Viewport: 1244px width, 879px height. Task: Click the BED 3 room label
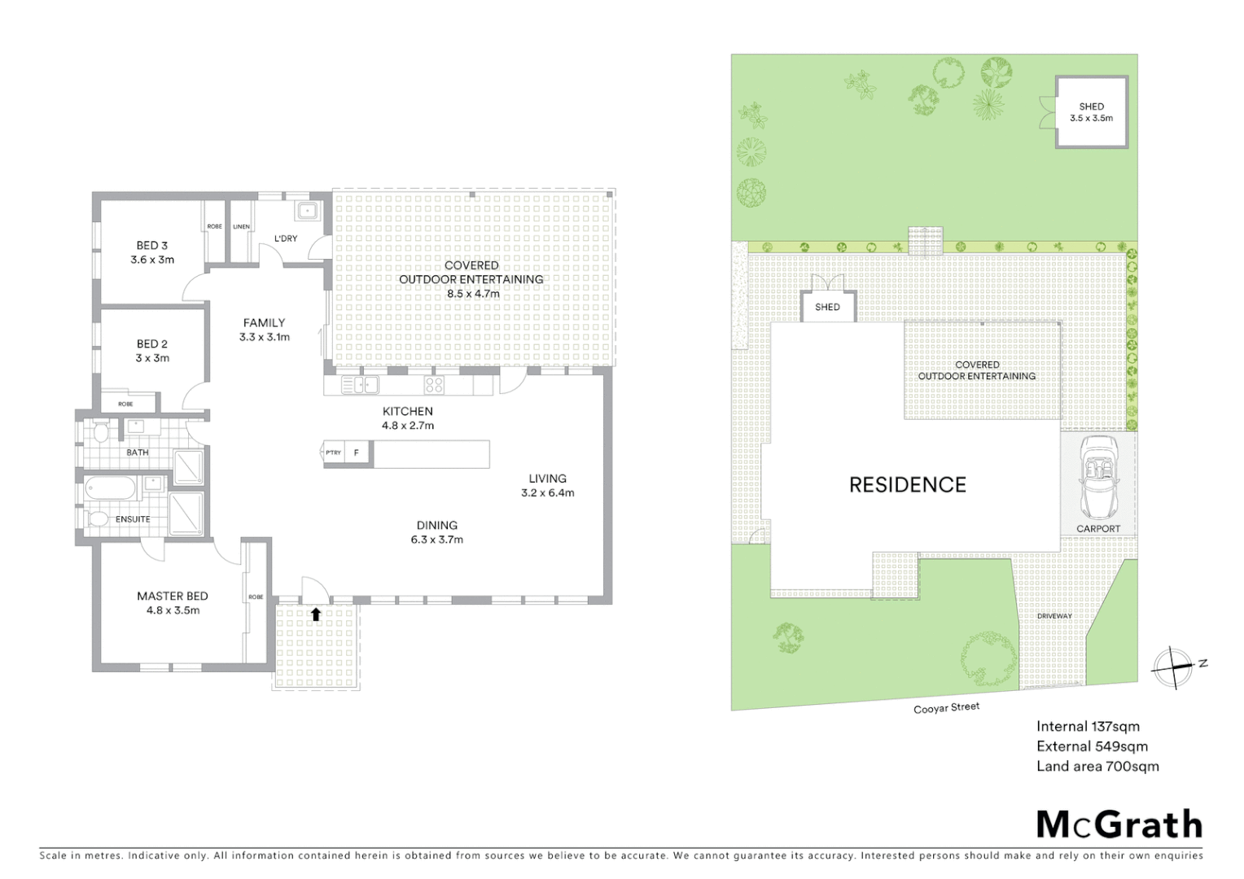click(x=152, y=246)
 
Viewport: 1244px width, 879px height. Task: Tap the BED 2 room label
click(x=152, y=344)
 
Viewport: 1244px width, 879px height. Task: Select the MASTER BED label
click(x=172, y=597)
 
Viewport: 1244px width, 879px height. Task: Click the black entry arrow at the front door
click(x=316, y=614)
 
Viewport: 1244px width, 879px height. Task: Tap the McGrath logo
click(x=1119, y=824)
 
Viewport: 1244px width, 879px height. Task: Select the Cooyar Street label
click(x=946, y=708)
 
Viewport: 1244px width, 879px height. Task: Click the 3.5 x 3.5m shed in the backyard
click(x=1091, y=112)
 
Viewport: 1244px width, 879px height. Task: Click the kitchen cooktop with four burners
click(x=434, y=385)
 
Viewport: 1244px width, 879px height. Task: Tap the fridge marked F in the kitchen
click(x=356, y=453)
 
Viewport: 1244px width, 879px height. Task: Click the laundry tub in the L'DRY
click(x=306, y=211)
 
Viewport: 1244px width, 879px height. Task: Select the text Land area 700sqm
click(x=1097, y=766)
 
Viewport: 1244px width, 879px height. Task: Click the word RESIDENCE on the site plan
click(x=907, y=485)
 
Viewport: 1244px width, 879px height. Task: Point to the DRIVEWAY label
click(x=1054, y=616)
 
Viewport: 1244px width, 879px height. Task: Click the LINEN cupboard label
click(x=242, y=226)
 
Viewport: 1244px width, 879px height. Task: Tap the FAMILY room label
click(x=264, y=323)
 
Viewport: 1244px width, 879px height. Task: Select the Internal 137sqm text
click(x=1087, y=726)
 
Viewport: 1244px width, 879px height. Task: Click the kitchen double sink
click(x=360, y=385)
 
